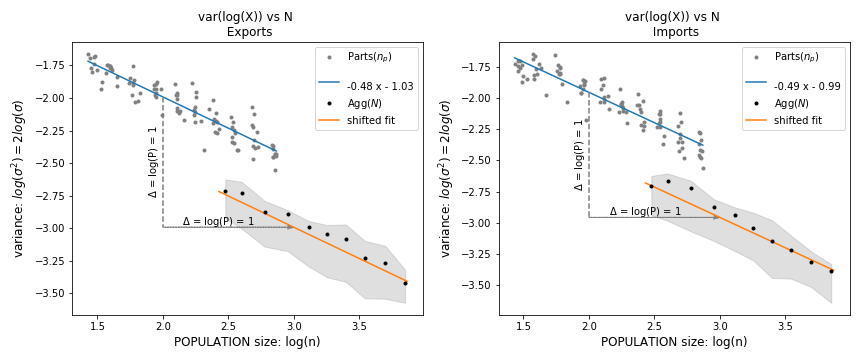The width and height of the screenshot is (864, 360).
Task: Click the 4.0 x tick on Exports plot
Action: pyautogui.click(x=424, y=325)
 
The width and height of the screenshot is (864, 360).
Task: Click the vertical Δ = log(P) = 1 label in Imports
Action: pyautogui.click(x=579, y=155)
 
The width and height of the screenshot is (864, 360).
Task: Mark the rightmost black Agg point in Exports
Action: pyautogui.click(x=405, y=283)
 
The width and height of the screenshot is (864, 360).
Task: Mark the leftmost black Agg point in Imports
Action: pyautogui.click(x=651, y=186)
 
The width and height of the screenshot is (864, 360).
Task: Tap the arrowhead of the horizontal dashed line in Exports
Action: pyautogui.click(x=291, y=227)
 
